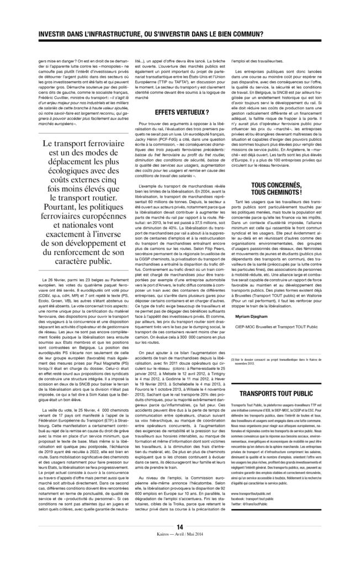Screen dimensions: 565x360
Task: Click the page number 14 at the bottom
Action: [x=179, y=543]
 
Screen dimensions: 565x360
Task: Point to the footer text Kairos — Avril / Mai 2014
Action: [x=179, y=551]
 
